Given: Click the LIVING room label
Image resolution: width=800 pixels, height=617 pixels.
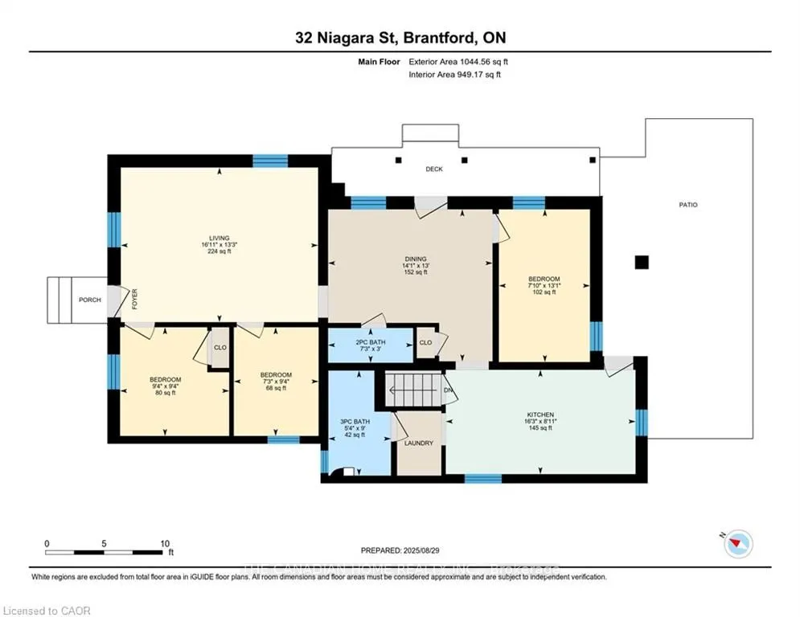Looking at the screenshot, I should pos(219,239).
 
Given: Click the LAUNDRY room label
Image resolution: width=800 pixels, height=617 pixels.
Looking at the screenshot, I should pos(419,443).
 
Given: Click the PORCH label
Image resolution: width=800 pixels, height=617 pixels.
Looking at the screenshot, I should pos(90,300).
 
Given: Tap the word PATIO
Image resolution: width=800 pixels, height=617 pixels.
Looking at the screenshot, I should pos(688,205).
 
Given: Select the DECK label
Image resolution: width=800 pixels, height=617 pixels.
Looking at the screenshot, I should pos(434,169).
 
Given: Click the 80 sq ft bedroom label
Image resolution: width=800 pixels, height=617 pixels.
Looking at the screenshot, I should pos(165,379).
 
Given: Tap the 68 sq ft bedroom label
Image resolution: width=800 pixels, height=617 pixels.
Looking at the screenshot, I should pos(275,375).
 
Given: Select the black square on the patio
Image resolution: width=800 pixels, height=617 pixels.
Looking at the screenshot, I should pos(641,262).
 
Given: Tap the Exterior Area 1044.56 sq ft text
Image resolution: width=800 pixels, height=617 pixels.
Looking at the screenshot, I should pos(458,61).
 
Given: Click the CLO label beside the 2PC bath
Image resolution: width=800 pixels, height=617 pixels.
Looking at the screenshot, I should pos(425,343).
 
